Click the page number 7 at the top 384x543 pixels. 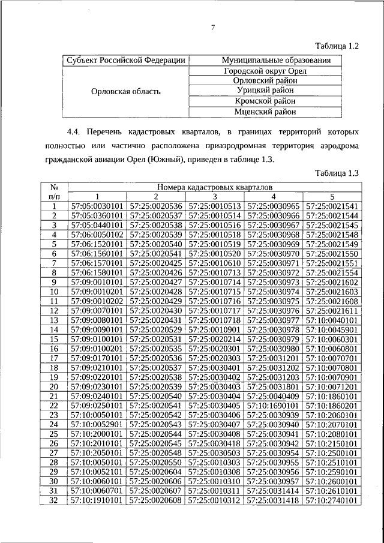212,26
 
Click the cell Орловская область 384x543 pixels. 125,91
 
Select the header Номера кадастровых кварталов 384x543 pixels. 214,187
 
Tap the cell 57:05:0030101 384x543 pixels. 97,206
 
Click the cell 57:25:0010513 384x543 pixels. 214,206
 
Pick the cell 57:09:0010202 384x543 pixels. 97,301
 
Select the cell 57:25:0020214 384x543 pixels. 214,338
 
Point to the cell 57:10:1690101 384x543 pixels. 273,405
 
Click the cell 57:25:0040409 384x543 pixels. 273,395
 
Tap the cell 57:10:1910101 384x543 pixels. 97,499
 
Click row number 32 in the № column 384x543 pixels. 53,499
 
